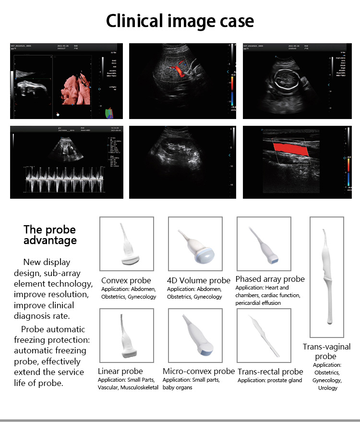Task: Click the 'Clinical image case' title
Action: pyautogui.click(x=180, y=21)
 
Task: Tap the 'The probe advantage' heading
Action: pyautogui.click(x=50, y=235)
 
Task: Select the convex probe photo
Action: pyautogui.click(x=127, y=244)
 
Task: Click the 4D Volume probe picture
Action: pyautogui.click(x=195, y=244)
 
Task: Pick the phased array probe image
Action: pyautogui.click(x=264, y=244)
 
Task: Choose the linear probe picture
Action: pyautogui.click(x=127, y=335)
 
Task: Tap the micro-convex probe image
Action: pyautogui.click(x=195, y=335)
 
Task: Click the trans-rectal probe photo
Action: pyautogui.click(x=264, y=335)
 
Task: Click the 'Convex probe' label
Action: pyautogui.click(x=126, y=280)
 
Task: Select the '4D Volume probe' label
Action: pyautogui.click(x=199, y=280)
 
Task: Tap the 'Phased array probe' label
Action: pyautogui.click(x=270, y=279)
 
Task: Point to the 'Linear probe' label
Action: pyautogui.click(x=120, y=371)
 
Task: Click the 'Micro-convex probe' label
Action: pyautogui.click(x=199, y=371)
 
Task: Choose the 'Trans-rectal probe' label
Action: pyautogui.click(x=271, y=371)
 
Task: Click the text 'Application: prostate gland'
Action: pyautogui.click(x=270, y=381)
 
